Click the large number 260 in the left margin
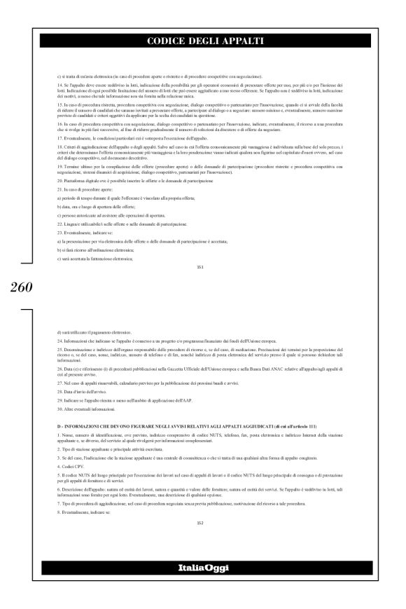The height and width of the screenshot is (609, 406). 18,287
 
